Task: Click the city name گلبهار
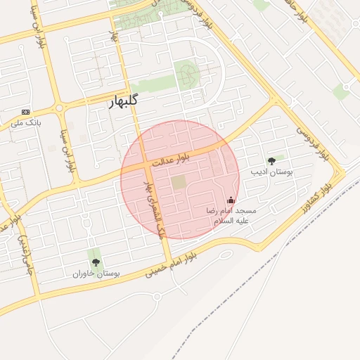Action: pyautogui.click(x=123, y=101)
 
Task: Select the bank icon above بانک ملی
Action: pyautogui.click(x=26, y=112)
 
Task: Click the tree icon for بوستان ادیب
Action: pyautogui.click(x=271, y=161)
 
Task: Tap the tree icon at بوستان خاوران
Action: pyautogui.click(x=95, y=262)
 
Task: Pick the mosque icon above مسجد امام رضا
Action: pyautogui.click(x=231, y=200)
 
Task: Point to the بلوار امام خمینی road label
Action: pyautogui.click(x=167, y=266)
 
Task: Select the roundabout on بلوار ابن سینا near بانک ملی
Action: pyautogui.click(x=59, y=108)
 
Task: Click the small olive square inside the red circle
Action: pyautogui.click(x=179, y=182)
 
